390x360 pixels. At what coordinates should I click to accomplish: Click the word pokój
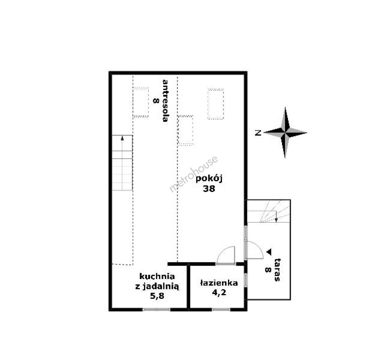click(209, 179)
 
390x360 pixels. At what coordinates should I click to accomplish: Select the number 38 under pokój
click(209, 189)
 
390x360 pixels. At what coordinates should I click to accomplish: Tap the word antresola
click(165, 101)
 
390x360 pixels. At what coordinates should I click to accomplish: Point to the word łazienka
click(219, 283)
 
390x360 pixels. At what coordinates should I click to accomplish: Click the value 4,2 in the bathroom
click(219, 292)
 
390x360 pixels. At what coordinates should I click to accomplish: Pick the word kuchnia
click(157, 276)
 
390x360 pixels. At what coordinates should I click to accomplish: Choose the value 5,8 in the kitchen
click(157, 296)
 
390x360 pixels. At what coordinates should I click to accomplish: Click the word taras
click(277, 270)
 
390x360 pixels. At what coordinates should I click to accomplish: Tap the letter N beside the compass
click(258, 133)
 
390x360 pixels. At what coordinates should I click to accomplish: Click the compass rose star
click(285, 133)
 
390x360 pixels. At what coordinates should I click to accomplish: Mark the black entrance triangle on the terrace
click(269, 252)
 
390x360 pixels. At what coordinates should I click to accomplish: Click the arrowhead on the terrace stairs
click(276, 220)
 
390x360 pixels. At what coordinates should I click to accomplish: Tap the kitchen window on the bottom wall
click(156, 309)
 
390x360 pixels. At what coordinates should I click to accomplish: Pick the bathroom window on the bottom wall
click(221, 309)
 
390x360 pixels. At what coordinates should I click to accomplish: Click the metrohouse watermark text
click(194, 174)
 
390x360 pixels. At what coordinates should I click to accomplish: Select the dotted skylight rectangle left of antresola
click(141, 102)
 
